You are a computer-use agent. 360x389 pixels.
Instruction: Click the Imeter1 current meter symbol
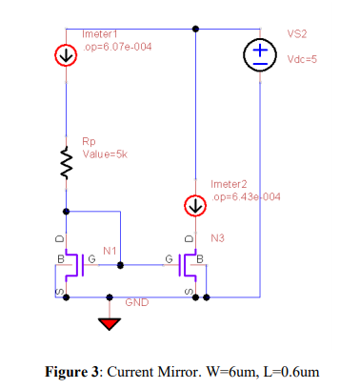click(x=66, y=55)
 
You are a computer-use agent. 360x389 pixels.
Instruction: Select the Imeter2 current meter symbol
click(x=195, y=205)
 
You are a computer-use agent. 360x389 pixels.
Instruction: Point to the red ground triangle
click(x=112, y=324)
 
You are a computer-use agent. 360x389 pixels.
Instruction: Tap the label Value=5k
click(x=105, y=153)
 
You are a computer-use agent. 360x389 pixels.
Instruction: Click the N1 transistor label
click(x=110, y=249)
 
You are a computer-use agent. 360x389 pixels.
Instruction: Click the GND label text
click(x=136, y=301)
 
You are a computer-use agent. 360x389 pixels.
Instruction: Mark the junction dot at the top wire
click(x=195, y=29)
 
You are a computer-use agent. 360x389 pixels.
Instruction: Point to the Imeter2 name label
click(x=230, y=183)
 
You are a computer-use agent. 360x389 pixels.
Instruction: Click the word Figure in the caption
click(x=72, y=370)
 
